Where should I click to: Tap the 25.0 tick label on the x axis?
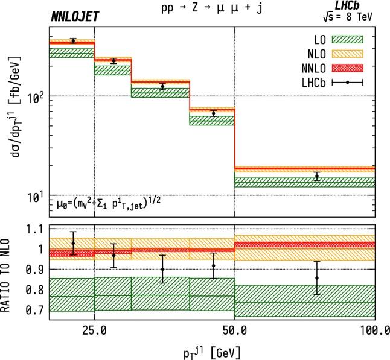coord(95,330)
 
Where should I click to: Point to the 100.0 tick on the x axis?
coord(374,330)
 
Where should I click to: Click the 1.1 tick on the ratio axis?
coord(34,229)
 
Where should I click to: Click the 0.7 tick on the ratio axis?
coord(34,310)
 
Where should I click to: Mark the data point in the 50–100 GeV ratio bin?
coord(316,278)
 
